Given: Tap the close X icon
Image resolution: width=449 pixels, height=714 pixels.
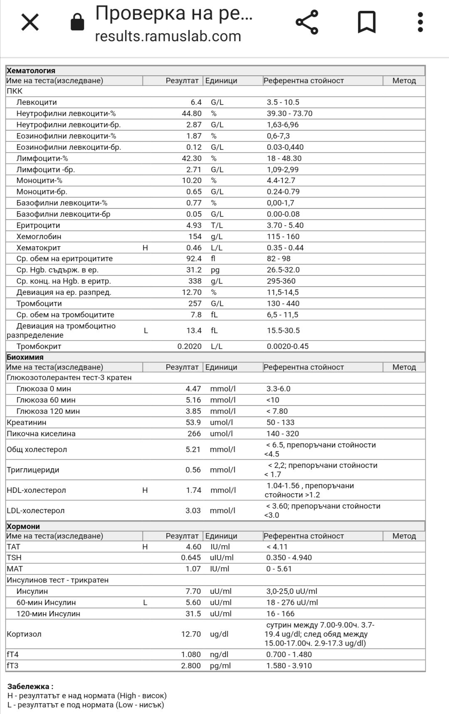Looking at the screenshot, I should tap(30, 22).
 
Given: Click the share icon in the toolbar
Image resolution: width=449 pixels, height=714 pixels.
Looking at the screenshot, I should tap(307, 22).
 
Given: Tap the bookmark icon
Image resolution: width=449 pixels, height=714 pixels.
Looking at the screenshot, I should tap(367, 22).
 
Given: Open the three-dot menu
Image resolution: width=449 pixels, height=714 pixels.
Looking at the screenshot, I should tap(420, 22).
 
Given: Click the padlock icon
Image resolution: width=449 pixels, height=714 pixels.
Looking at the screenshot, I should tap(77, 22).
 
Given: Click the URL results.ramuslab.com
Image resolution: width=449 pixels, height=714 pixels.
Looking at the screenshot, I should tap(168, 37).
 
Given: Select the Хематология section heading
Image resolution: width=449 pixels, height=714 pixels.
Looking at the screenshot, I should tap(31, 71).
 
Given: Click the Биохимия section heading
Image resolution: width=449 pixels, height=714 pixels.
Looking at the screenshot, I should tap(25, 357).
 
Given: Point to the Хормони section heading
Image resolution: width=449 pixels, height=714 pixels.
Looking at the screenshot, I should tap(24, 526).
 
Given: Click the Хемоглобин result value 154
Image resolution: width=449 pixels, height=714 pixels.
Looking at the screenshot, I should tap(195, 237).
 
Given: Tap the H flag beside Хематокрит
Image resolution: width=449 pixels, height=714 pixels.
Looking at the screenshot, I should tap(145, 248).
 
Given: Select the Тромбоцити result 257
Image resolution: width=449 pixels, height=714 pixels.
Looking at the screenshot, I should tap(195, 304).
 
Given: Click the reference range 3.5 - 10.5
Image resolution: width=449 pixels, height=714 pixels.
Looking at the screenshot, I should tap(283, 102).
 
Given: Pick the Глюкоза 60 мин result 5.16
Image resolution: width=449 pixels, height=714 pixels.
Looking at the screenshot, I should tap(193, 400).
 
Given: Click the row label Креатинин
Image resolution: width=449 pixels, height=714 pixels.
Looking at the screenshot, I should tap(27, 422).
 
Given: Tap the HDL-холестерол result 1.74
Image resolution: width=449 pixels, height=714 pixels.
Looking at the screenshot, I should tap(193, 490).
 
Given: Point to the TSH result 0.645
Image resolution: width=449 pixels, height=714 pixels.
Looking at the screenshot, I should tap(191, 558).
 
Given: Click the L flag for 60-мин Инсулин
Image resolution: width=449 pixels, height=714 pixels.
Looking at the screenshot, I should tap(145, 603).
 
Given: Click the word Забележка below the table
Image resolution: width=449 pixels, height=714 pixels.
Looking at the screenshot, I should tap(28, 687).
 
